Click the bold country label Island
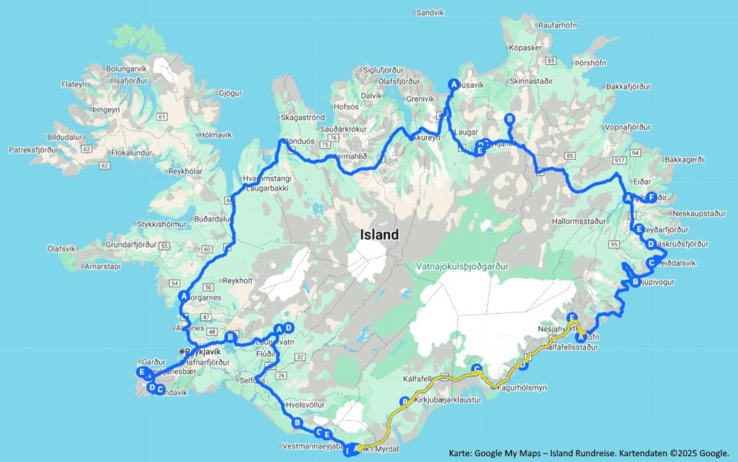(x=379, y=235)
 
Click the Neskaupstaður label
(x=697, y=214)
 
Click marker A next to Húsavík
(x=453, y=83)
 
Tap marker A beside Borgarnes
(x=184, y=296)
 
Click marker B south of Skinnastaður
(x=510, y=119)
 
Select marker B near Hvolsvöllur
(x=296, y=424)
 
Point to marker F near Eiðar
(x=651, y=197)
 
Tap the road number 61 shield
(x=161, y=117)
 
